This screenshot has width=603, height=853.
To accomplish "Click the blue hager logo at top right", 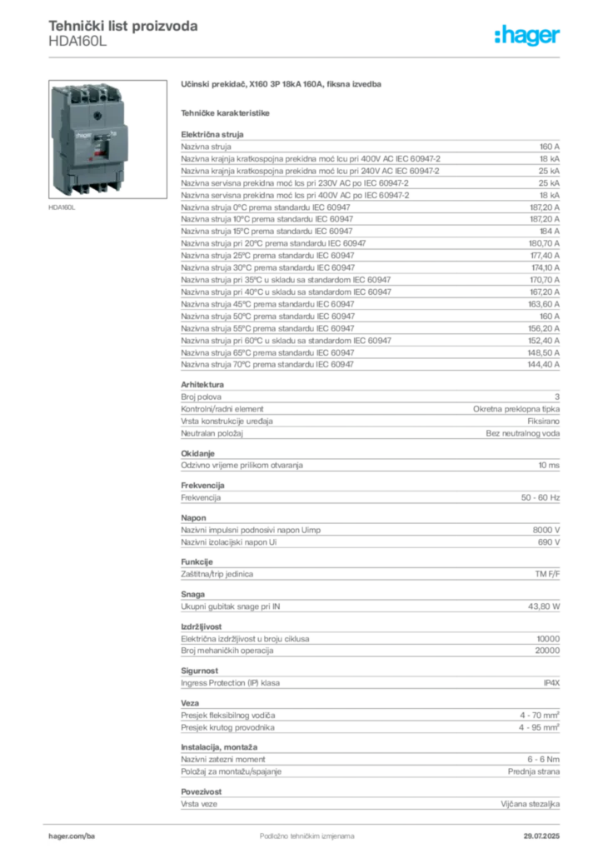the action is click(528, 37).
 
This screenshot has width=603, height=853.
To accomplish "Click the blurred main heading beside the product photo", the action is click(283, 86).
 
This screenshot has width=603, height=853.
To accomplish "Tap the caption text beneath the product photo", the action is click(63, 206).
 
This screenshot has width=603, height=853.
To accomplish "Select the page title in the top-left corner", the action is click(123, 26).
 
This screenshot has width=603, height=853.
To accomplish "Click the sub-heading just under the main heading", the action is click(227, 112).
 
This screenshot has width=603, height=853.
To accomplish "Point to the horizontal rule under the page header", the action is click(306, 56).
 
